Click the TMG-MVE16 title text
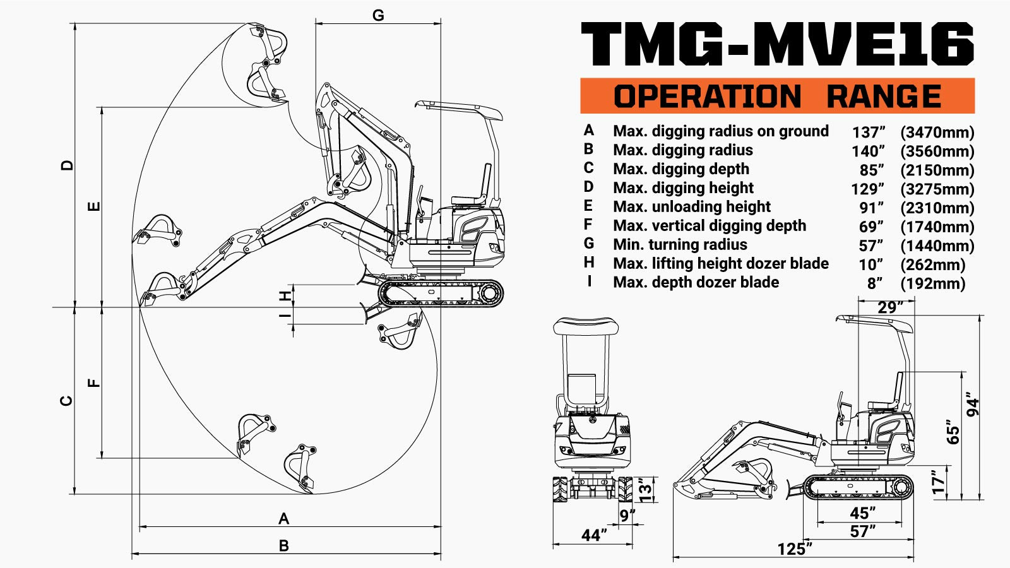pos(777,44)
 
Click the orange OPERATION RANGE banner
pos(777,96)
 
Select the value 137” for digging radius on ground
pos(868,133)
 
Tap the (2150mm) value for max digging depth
pos(937,170)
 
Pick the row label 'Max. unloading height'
pos(691,207)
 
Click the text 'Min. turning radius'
pos(680,245)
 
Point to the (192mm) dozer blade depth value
pos(932,284)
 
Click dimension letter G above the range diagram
pos(378,15)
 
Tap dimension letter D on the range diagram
pos(68,165)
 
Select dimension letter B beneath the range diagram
pos(284,546)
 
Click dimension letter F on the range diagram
pos(93,382)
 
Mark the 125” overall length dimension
pos(794,549)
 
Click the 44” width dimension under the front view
pos(594,535)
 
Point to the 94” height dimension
pos(973,407)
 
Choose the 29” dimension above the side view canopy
pos(890,307)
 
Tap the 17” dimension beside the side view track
pos(939,482)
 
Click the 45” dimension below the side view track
pos(862,513)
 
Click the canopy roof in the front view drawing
pos(586,327)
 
